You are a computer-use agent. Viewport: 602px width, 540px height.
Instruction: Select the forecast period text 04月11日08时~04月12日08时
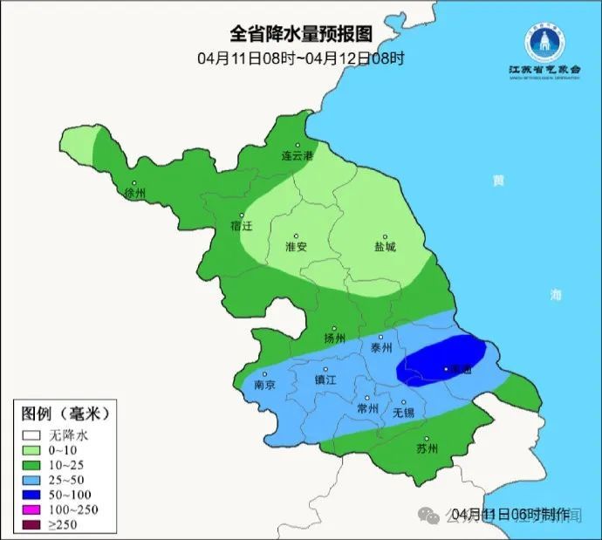301,58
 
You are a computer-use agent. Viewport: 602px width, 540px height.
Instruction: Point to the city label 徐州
135,193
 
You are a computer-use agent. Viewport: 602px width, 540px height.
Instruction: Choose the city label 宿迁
241,226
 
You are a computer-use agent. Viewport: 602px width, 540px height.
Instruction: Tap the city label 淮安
296,247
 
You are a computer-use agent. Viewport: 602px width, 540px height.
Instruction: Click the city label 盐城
384,247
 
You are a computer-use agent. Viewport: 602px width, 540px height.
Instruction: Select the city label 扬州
334,338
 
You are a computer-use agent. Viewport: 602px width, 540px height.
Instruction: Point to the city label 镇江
325,380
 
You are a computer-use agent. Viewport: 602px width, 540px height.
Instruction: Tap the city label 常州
368,408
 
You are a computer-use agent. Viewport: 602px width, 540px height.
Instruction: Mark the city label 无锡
403,412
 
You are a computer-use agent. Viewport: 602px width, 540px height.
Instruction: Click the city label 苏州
427,449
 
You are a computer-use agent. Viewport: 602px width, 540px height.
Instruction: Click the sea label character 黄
497,181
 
